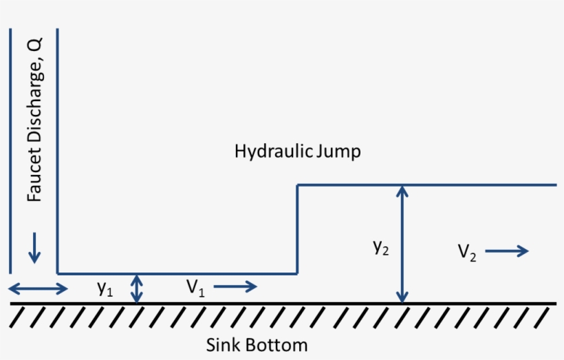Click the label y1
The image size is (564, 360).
[x=105, y=289]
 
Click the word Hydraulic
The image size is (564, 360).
[x=270, y=151]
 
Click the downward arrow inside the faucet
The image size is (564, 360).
[x=34, y=247]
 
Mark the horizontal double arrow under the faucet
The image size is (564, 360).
[x=38, y=288]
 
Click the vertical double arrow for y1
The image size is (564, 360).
[x=138, y=288]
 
